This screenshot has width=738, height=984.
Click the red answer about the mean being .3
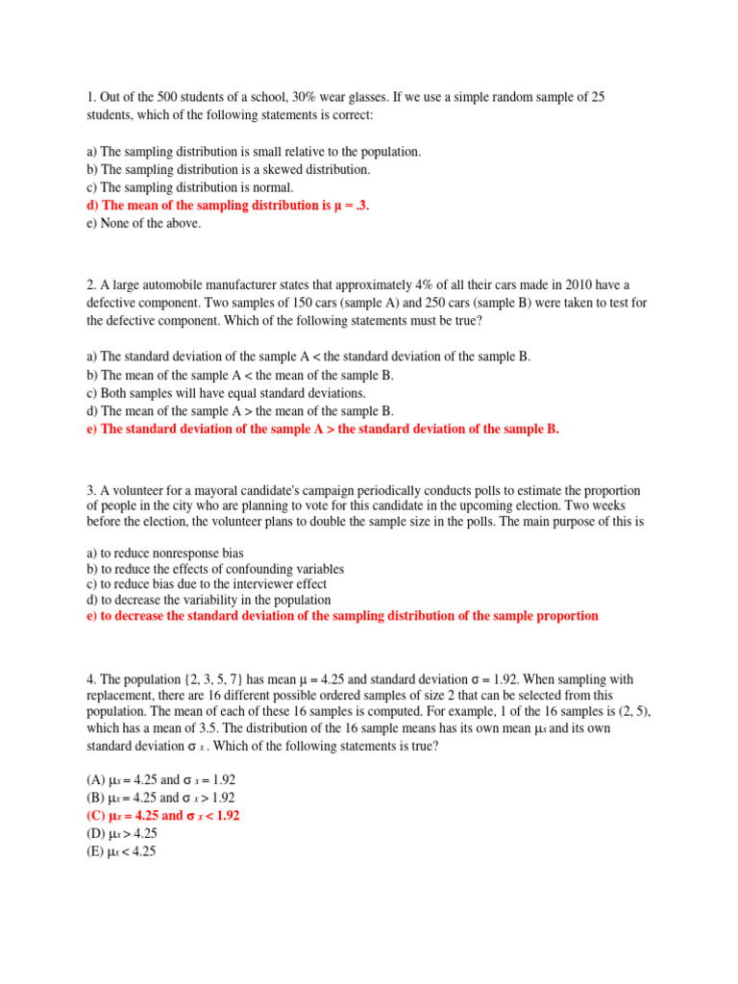pos(228,205)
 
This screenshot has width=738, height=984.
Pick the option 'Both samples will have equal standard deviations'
pos(226,393)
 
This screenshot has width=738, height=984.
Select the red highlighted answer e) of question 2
pos(322,430)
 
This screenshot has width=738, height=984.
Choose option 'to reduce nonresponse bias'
pos(164,553)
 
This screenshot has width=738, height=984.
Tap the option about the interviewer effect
pos(207,584)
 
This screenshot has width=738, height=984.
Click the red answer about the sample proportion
pos(341,616)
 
